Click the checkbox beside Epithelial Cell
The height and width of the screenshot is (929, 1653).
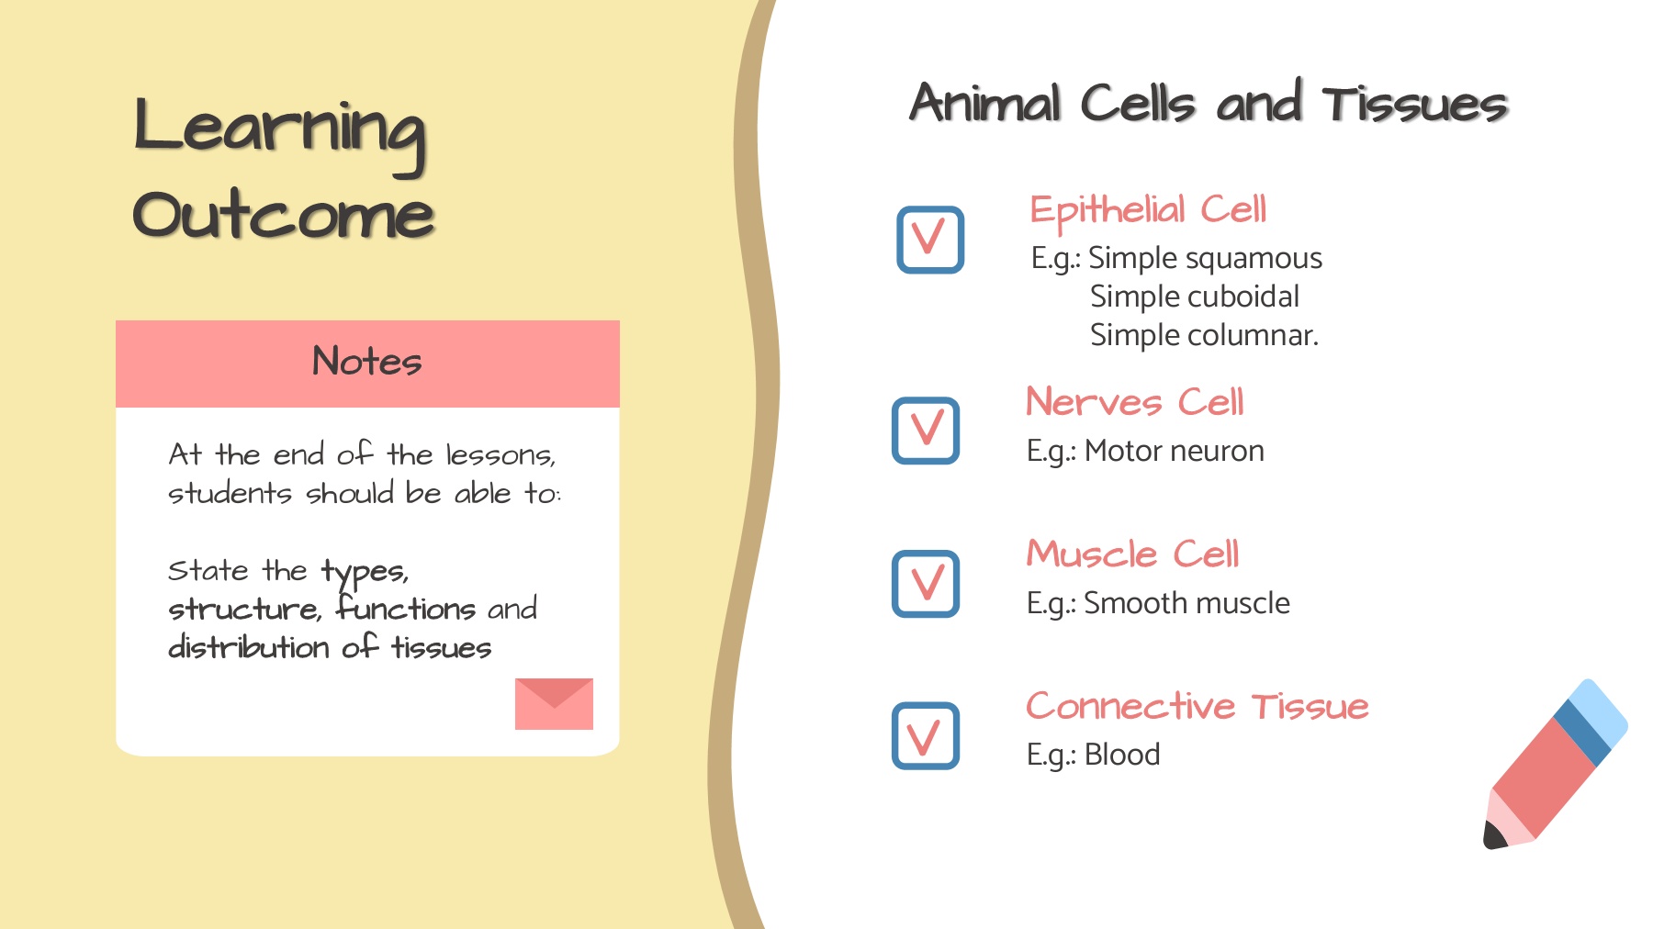coord(930,240)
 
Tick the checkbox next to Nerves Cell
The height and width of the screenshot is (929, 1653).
coord(926,431)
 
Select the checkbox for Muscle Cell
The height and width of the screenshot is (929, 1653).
coord(926,584)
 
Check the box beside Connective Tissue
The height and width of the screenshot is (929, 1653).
coord(926,736)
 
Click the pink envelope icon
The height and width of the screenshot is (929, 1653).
coord(554,704)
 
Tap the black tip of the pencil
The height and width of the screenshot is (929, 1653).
coord(1493,836)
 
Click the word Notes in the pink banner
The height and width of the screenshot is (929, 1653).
coord(366,361)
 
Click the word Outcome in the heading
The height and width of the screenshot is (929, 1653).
coord(283,215)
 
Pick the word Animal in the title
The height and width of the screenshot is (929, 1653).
coord(986,102)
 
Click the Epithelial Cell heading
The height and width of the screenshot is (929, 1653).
coord(1148,211)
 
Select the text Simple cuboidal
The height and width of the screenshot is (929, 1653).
coord(1195,297)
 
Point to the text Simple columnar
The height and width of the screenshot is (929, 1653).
coord(1204,336)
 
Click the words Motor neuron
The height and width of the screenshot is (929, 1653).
coord(1175,451)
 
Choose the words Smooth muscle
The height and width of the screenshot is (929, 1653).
coord(1186,603)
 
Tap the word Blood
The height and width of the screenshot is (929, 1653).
coord(1122,755)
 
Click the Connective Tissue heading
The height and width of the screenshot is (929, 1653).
coord(1198,706)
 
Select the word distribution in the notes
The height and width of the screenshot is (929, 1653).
coord(249,647)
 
